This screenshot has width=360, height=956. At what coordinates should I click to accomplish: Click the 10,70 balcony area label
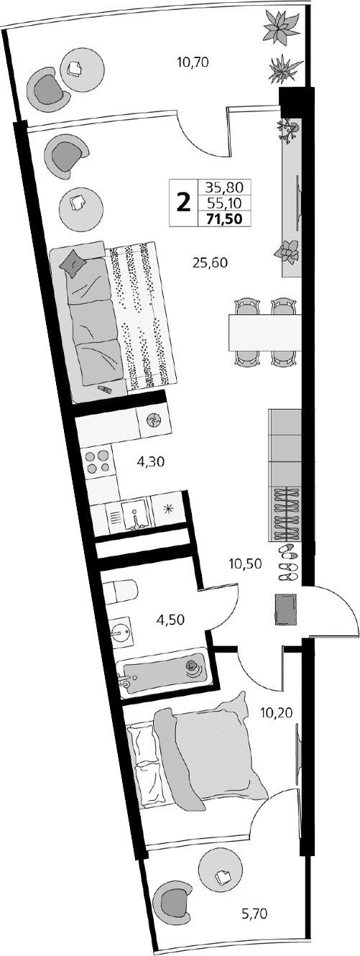click(x=192, y=63)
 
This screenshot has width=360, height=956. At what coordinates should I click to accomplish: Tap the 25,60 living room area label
click(x=210, y=262)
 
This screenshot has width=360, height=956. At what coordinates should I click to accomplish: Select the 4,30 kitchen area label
click(x=151, y=462)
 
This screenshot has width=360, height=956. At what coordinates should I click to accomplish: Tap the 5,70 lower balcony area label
click(x=254, y=914)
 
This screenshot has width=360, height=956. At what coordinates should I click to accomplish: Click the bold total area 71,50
click(x=223, y=219)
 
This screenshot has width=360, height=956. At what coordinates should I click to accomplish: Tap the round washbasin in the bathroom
click(x=122, y=633)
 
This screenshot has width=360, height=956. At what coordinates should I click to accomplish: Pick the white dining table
click(x=264, y=332)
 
